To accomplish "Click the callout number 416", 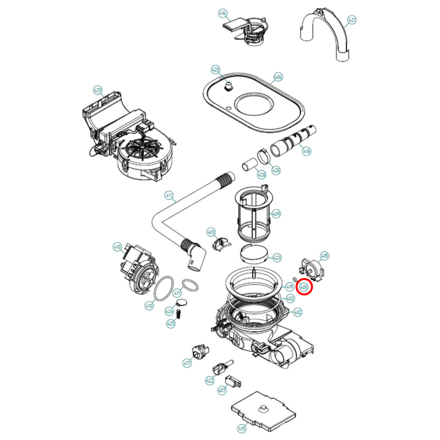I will (x=223, y=13).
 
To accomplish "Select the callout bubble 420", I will (x=216, y=70).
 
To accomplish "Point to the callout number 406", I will (x=278, y=77).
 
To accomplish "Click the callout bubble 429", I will (x=97, y=90).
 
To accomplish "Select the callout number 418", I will (x=306, y=151).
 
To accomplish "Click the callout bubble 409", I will (x=276, y=214).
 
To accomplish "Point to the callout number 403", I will (x=211, y=232).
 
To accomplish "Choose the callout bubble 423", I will (x=277, y=258).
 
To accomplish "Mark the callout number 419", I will (x=290, y=287).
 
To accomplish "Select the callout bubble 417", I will (x=187, y=363).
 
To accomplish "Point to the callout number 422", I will (x=210, y=380).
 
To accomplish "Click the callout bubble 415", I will (x=241, y=429).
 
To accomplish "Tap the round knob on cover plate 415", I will (x=263, y=408).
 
